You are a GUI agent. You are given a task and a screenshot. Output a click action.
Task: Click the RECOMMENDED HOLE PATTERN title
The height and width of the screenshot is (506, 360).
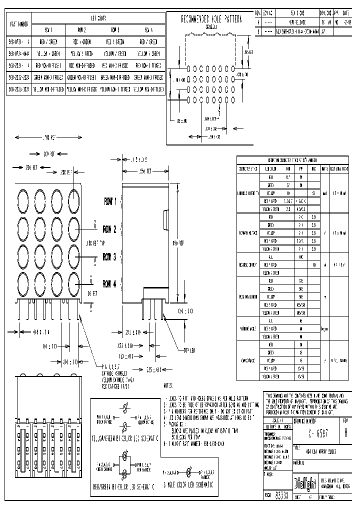click(210, 19)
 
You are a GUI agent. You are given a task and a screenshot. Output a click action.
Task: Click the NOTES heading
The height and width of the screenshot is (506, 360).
click(168, 386)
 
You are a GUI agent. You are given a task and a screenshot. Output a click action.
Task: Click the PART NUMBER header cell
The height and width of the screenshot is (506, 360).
click(18, 23)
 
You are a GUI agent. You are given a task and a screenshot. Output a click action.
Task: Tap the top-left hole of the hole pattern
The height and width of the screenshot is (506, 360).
click(188, 67)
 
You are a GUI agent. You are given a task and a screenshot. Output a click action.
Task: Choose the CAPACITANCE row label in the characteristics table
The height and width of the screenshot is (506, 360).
click(248, 360)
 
